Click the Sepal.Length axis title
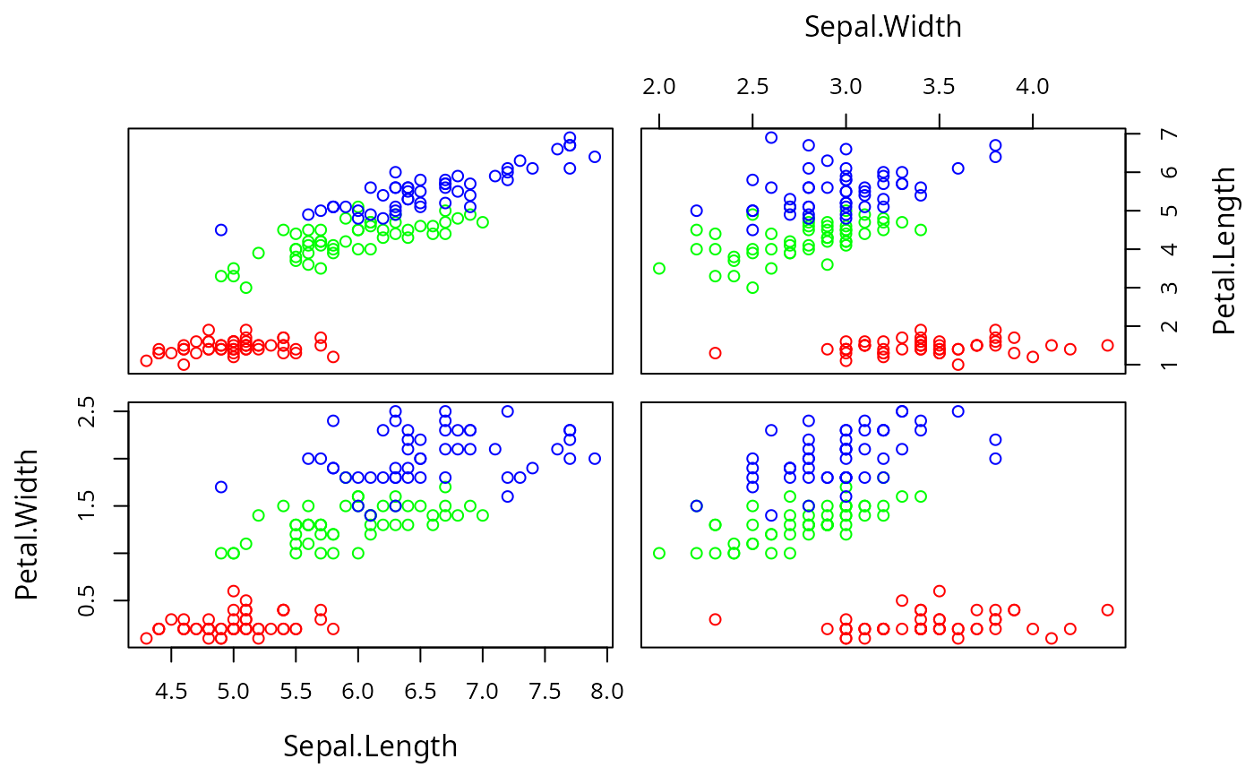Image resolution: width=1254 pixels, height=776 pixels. point(370,746)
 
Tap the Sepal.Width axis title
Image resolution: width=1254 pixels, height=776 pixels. point(882,28)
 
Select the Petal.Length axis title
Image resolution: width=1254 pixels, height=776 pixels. point(1224,251)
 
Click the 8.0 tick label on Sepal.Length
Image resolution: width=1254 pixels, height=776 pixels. point(607,692)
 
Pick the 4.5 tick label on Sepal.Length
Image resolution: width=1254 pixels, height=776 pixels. point(171,692)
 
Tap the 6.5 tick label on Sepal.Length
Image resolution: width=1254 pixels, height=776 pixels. point(420,692)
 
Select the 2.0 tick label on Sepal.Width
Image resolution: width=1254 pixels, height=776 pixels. point(658,87)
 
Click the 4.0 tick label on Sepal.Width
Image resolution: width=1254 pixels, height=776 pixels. point(1033,87)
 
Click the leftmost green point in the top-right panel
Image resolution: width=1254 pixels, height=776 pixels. point(659,268)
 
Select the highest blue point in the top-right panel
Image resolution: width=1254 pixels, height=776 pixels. point(771,137)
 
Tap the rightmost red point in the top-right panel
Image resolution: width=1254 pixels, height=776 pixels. point(1108,345)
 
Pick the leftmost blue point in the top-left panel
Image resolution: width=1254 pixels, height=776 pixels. point(221,229)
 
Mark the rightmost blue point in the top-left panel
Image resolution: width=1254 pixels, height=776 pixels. point(595,157)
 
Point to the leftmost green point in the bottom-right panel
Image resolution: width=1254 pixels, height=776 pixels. point(659,553)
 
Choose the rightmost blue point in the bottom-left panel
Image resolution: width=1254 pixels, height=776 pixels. point(595,459)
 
